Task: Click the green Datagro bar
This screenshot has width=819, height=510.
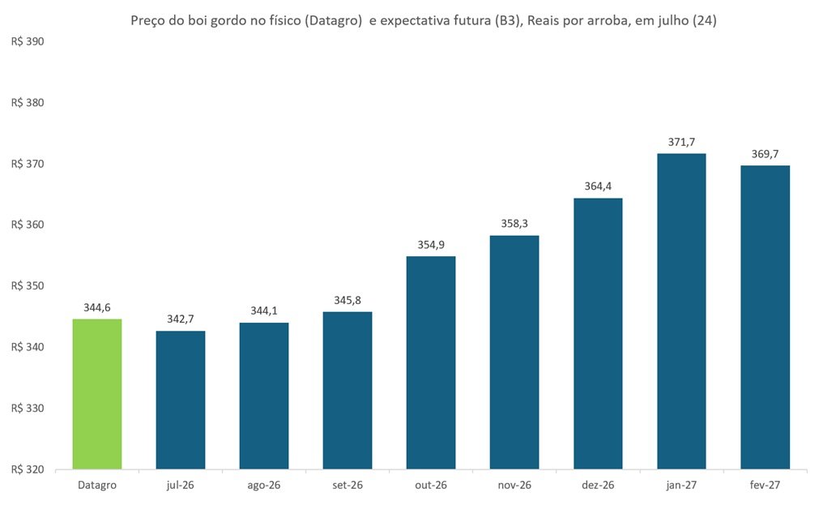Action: (x=97, y=394)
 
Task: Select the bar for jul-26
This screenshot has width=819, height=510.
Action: (x=181, y=400)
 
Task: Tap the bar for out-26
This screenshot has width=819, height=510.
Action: (x=431, y=362)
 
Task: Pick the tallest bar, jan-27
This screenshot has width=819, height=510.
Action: (x=681, y=311)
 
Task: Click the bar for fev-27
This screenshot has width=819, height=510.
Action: (x=766, y=317)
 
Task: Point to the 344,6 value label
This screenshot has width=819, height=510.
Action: (x=97, y=308)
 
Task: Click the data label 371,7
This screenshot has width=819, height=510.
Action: (x=681, y=142)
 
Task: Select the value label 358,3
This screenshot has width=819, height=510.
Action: (x=514, y=224)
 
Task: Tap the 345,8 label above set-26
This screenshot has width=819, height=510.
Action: (x=348, y=301)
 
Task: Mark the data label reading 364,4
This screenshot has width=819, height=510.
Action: (x=598, y=186)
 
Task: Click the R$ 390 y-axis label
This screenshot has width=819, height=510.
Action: (x=28, y=42)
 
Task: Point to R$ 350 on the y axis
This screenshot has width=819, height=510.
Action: (x=28, y=286)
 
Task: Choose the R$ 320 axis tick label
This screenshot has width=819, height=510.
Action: (x=28, y=469)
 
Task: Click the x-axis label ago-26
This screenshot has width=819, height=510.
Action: (x=264, y=486)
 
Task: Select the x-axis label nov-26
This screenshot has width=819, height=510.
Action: (x=514, y=486)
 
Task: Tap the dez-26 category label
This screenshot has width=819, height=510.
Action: (x=598, y=486)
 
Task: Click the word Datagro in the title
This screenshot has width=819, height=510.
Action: (x=333, y=21)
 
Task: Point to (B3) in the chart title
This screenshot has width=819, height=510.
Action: (x=506, y=21)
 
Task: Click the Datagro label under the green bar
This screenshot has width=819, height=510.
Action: (x=97, y=486)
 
